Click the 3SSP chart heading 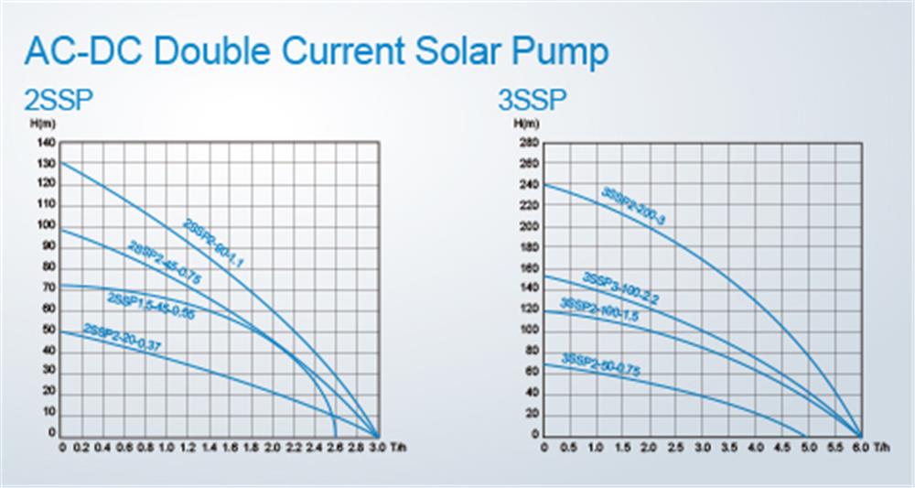coord(533,99)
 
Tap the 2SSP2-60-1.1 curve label coord(216,244)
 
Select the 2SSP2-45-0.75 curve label coord(164,264)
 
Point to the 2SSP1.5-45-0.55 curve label coord(151,306)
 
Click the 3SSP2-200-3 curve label coord(633,206)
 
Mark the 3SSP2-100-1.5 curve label coord(599,311)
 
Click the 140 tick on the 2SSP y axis coord(47,143)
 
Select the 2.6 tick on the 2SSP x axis coord(335,449)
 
